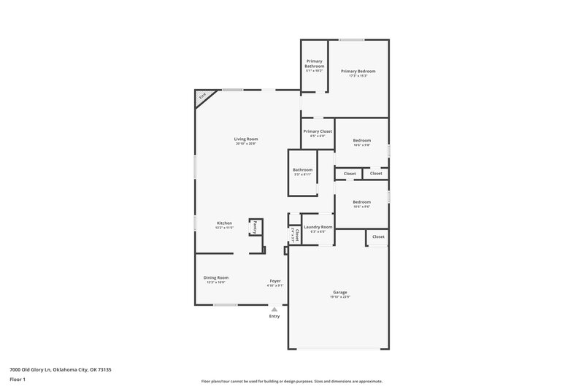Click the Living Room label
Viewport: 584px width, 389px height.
tap(246, 139)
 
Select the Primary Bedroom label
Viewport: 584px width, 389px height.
tap(358, 71)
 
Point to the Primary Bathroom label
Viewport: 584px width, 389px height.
tap(315, 63)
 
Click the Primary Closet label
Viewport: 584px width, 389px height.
tap(318, 131)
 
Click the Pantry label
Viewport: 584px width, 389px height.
tap(255, 228)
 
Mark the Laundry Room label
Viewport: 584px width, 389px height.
tap(318, 227)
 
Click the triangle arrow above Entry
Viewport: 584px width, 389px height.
tap(274, 309)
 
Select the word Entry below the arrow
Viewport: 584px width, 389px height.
tap(274, 316)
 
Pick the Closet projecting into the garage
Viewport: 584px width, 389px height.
tap(378, 237)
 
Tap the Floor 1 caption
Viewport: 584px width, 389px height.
tap(18, 380)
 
